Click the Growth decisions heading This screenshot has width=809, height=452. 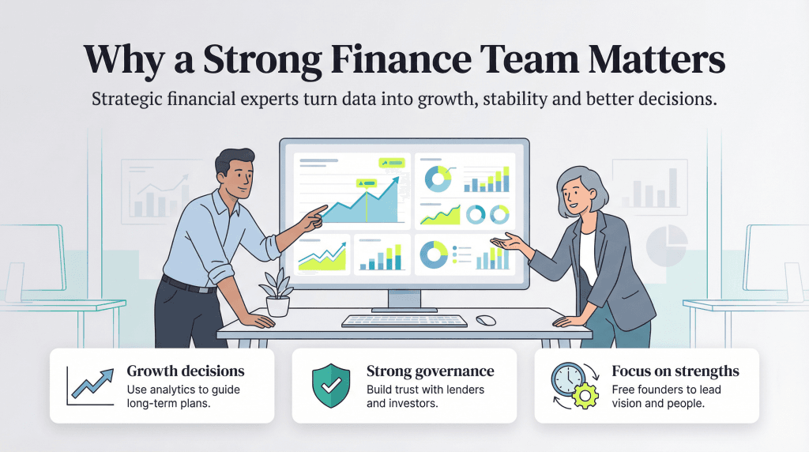pos(186,371)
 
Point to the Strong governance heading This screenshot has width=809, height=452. pos(430,371)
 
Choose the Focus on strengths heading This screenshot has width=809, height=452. pos(675,371)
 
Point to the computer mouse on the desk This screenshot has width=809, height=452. pos(486,320)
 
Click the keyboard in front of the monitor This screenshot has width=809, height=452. pos(404,321)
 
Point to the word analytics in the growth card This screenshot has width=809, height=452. pos(173,390)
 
